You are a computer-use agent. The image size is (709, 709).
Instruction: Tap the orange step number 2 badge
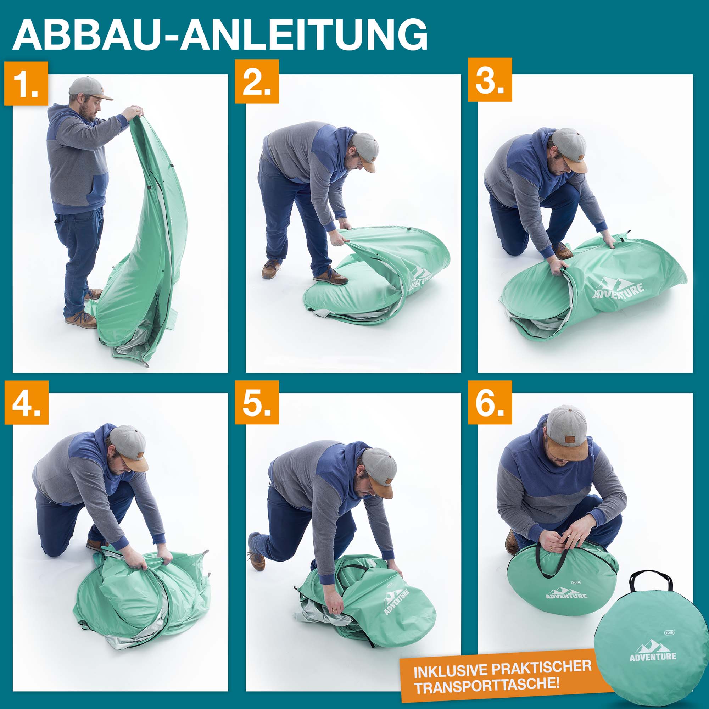[x=257, y=82]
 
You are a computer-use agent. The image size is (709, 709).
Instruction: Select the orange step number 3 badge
[x=490, y=80]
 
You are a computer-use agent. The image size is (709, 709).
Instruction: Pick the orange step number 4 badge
[x=27, y=403]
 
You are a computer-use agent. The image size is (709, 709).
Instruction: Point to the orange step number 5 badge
[x=257, y=402]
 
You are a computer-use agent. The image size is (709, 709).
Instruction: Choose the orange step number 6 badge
[x=490, y=402]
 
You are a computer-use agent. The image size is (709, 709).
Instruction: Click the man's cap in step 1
[x=90, y=88]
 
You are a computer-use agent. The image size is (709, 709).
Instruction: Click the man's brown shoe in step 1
[x=81, y=320]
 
